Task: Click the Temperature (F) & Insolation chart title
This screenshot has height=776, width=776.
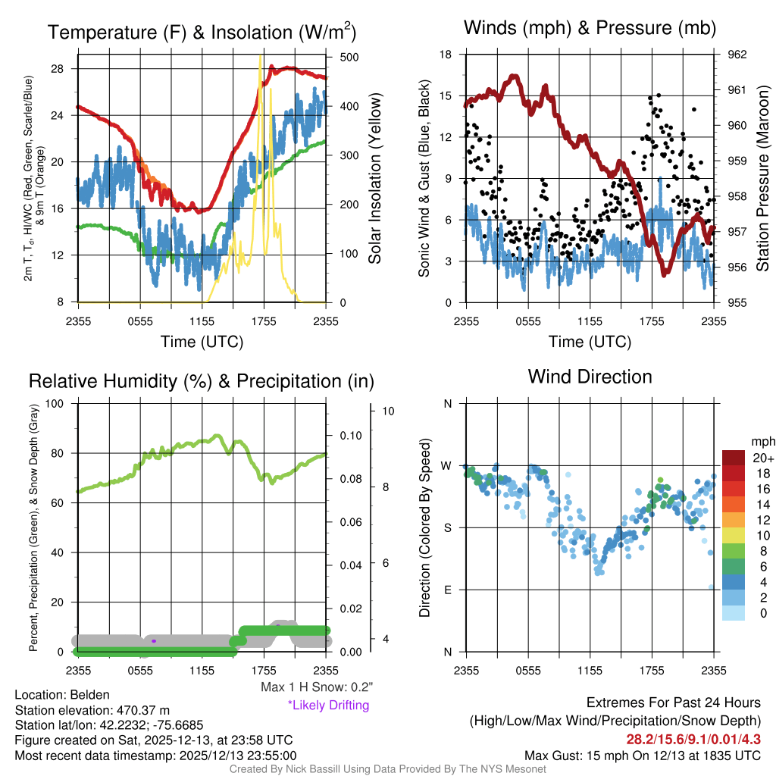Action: (x=202, y=32)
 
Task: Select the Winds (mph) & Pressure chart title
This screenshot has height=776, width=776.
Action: (x=590, y=29)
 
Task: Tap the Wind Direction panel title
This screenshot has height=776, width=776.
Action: (x=590, y=376)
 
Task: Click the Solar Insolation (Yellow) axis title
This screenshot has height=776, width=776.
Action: (x=374, y=179)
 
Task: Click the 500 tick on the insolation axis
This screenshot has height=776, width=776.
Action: (x=349, y=57)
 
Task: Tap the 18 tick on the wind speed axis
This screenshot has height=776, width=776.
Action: (x=446, y=55)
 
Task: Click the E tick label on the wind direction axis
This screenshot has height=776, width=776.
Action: (x=448, y=590)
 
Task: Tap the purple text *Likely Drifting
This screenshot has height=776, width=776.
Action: (x=328, y=705)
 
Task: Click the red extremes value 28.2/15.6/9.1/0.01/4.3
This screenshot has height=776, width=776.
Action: (x=693, y=739)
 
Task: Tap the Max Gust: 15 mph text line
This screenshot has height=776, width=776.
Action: (x=643, y=756)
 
